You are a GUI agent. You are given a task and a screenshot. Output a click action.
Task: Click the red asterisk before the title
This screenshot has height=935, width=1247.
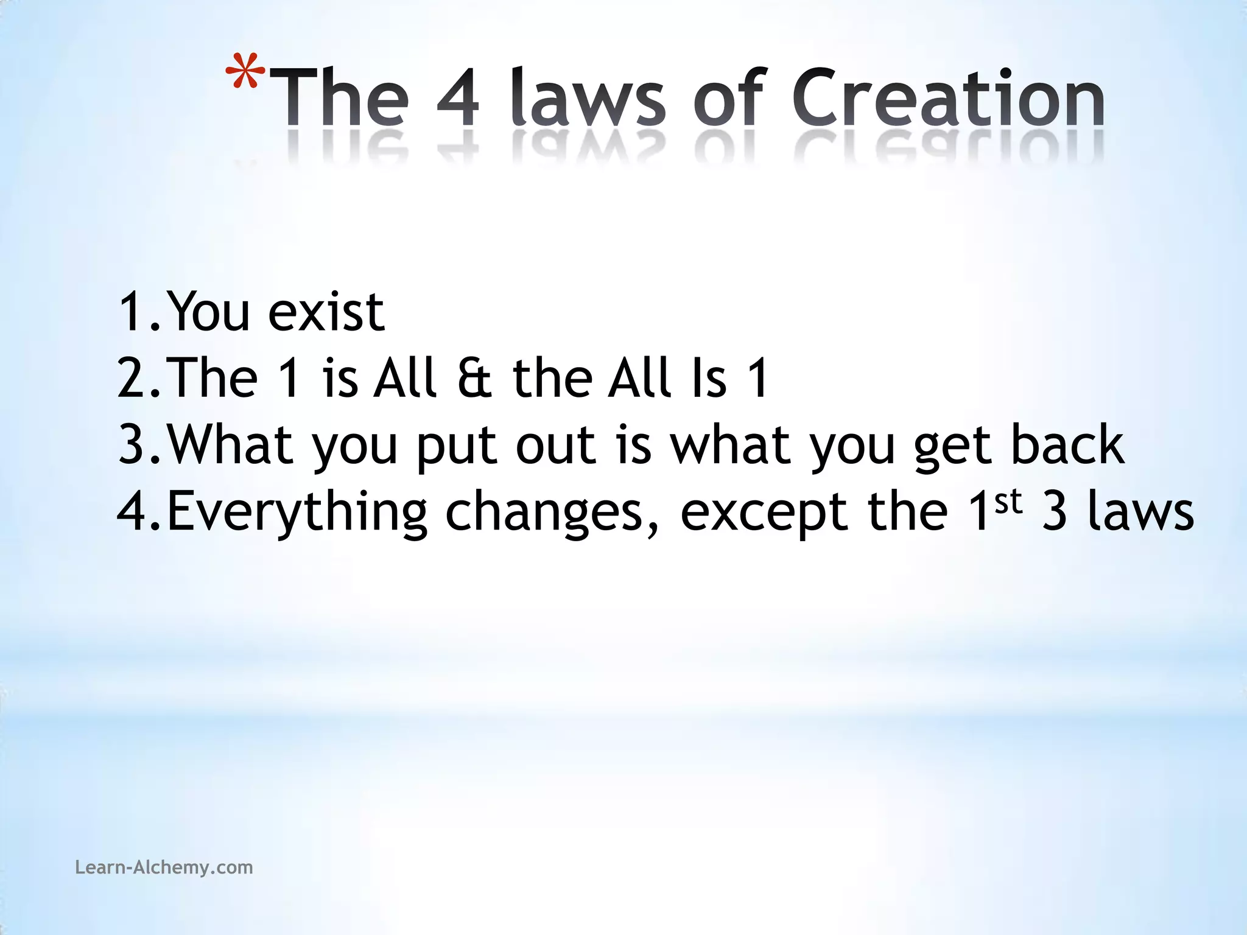click(x=245, y=72)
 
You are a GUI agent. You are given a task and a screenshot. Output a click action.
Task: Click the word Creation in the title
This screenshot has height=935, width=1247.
click(x=947, y=97)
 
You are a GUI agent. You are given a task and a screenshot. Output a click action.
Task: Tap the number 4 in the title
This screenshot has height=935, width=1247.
click(x=458, y=97)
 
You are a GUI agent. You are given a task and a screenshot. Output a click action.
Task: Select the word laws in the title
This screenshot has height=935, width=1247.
click(x=588, y=97)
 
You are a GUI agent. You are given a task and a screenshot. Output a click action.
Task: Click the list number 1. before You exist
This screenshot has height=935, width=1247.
click(x=139, y=312)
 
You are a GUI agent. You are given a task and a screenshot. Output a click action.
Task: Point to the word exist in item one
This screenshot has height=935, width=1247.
click(x=326, y=312)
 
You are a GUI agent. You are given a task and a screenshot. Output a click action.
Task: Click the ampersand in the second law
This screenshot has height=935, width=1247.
click(x=474, y=379)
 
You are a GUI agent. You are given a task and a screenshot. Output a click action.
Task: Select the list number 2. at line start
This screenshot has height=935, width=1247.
click(x=139, y=379)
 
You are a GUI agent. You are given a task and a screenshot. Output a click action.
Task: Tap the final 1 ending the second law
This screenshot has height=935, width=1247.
click(x=757, y=379)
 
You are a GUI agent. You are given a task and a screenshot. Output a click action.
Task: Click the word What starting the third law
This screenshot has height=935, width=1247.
click(x=230, y=445)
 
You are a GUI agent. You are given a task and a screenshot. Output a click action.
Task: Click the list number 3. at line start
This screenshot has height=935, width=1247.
click(x=139, y=445)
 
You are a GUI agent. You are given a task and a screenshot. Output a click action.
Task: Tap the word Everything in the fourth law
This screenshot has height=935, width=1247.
click(x=297, y=513)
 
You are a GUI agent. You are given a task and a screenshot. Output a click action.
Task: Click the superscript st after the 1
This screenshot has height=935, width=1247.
click(x=1008, y=502)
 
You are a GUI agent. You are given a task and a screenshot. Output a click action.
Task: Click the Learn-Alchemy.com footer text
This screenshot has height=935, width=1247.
click(x=164, y=867)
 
